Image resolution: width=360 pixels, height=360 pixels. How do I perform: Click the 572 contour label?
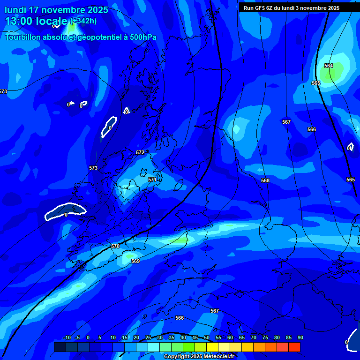pos(140,152)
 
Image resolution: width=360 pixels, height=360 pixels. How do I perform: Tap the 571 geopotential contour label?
pos(152,180)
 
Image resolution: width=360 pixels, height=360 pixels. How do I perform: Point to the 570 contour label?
pos(115,246)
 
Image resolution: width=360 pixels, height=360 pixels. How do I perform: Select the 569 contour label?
pos(135,261)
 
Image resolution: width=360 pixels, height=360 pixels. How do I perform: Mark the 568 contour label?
pos(265,180)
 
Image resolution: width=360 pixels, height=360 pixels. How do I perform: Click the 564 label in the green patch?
pos(329,66)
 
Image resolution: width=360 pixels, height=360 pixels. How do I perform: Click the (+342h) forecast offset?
pos(83,21)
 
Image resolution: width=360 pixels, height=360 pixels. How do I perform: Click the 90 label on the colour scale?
pos(300,337)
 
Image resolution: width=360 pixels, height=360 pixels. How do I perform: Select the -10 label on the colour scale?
pos(67,337)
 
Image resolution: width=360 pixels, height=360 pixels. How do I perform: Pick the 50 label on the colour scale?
pos(207,337)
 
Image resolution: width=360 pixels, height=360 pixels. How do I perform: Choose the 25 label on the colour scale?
pos(148,337)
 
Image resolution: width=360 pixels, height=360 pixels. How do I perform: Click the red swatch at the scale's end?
pos(294,347)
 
